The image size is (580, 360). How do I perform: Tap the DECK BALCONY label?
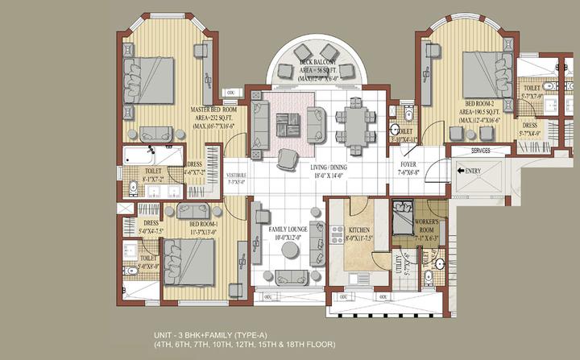click(x=317, y=62)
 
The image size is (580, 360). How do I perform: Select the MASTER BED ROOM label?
click(x=213, y=110)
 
